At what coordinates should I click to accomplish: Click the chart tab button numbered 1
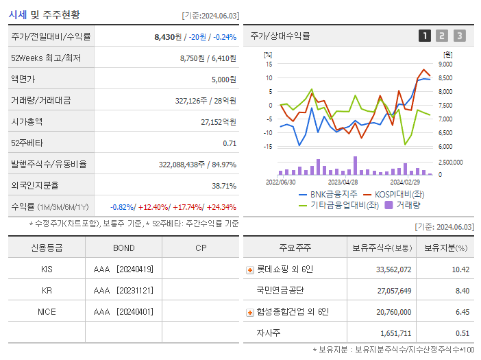tap(425, 36)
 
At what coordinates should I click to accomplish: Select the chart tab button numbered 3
tap(459, 36)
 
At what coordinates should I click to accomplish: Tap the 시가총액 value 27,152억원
tap(218, 121)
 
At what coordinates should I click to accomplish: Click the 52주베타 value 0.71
tap(230, 143)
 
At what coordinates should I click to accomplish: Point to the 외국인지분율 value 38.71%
tap(223, 185)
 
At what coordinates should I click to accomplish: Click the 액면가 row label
tap(25, 79)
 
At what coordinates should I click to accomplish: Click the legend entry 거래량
tap(408, 204)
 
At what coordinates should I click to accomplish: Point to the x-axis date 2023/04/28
tap(343, 182)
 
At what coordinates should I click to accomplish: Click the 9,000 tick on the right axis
tap(445, 64)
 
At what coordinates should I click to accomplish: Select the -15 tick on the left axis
tap(269, 147)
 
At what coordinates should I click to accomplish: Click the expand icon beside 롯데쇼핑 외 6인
tap(250, 270)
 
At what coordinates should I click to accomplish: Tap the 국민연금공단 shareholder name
tap(281, 291)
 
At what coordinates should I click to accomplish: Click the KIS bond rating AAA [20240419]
tap(123, 269)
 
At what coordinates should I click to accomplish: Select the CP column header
tap(201, 248)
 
